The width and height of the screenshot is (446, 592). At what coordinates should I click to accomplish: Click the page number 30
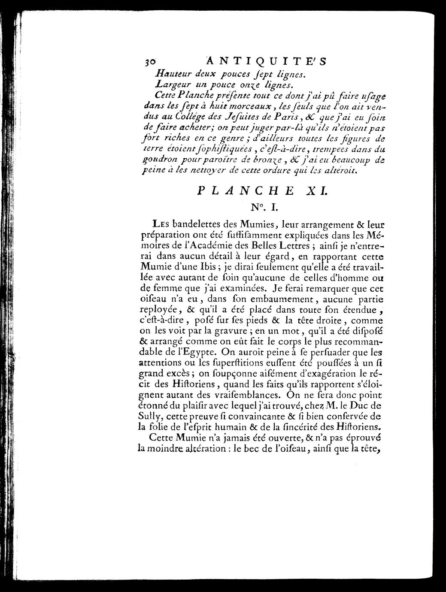coord(151,61)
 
